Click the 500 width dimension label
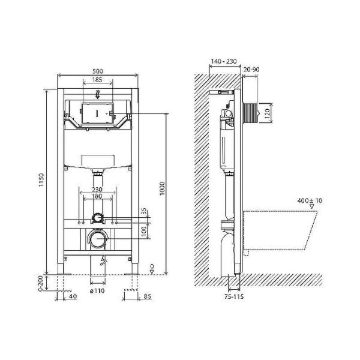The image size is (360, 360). [98, 70]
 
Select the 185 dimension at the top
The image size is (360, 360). [98, 79]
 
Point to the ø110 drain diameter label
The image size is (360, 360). [98, 292]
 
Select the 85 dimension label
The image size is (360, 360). [147, 295]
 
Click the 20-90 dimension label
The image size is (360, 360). [253, 70]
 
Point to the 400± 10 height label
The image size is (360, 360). [310, 200]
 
